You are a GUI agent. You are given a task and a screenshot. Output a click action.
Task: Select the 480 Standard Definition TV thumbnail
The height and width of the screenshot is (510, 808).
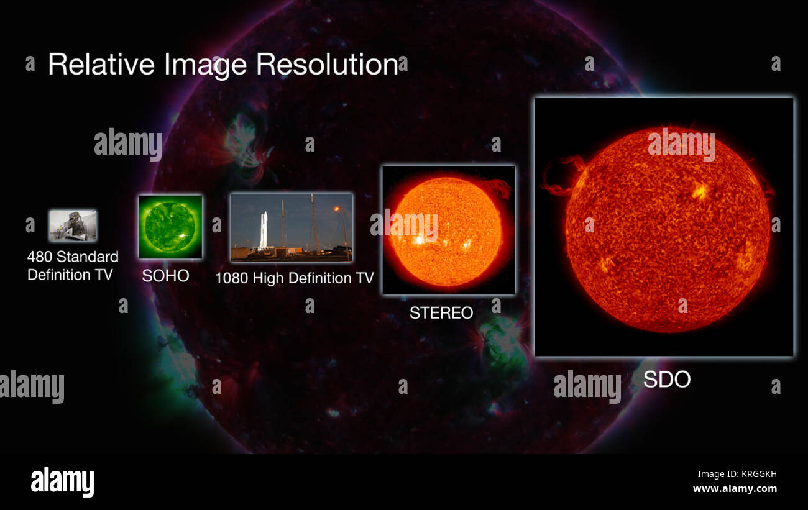tap(73, 225)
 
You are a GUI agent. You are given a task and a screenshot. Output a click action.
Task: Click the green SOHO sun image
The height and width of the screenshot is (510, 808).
tap(170, 227)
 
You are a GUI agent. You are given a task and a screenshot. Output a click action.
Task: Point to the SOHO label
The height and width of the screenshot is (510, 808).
tap(165, 276)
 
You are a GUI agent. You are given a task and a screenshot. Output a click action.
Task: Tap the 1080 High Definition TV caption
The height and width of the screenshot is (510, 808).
tap(294, 278)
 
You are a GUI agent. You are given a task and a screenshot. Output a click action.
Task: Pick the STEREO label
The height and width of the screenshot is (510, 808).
tap(441, 312)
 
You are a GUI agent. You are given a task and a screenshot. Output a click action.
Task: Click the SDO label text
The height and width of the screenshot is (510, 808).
tap(666, 380)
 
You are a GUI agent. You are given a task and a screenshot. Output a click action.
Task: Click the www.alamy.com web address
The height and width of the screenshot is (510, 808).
tap(735, 489)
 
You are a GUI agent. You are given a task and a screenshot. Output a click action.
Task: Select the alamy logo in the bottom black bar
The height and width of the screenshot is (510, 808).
tap(62, 481)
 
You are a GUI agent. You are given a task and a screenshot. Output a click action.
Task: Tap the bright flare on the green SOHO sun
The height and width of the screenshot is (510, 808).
tap(183, 237)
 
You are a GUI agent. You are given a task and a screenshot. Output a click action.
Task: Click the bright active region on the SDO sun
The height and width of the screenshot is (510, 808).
tap(700, 191)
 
